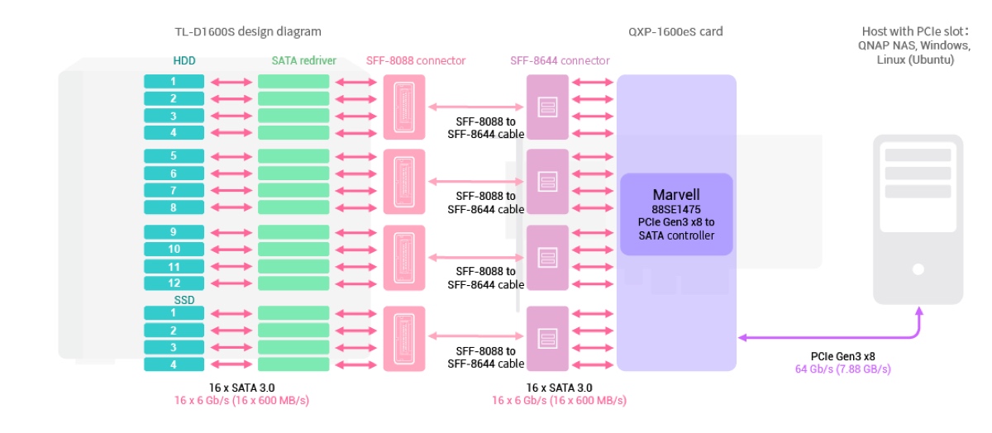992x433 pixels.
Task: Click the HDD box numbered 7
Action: [x=174, y=190]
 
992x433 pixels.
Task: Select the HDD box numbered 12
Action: [x=174, y=283]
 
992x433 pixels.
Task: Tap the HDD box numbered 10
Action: [x=174, y=249]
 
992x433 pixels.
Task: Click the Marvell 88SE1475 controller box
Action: [x=676, y=214]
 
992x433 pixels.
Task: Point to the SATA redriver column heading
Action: [x=303, y=60]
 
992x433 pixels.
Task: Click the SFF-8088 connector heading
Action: [x=416, y=60]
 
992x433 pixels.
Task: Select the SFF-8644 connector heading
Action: [x=560, y=60]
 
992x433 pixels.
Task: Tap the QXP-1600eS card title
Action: [x=675, y=32]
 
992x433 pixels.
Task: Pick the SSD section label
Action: [x=184, y=299]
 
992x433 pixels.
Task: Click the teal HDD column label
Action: [x=184, y=60]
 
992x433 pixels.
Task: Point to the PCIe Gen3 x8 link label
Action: [x=842, y=356]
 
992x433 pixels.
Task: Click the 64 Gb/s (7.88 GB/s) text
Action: [x=842, y=369]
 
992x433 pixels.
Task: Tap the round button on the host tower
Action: [x=918, y=269]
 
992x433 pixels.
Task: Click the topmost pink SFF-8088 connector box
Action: [x=404, y=107]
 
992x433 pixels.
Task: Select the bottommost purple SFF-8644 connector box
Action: [x=547, y=338]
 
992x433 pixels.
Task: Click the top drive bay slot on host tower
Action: [x=918, y=155]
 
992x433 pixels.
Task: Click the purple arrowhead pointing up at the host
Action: [x=918, y=312]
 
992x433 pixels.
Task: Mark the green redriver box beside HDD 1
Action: [x=293, y=82]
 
